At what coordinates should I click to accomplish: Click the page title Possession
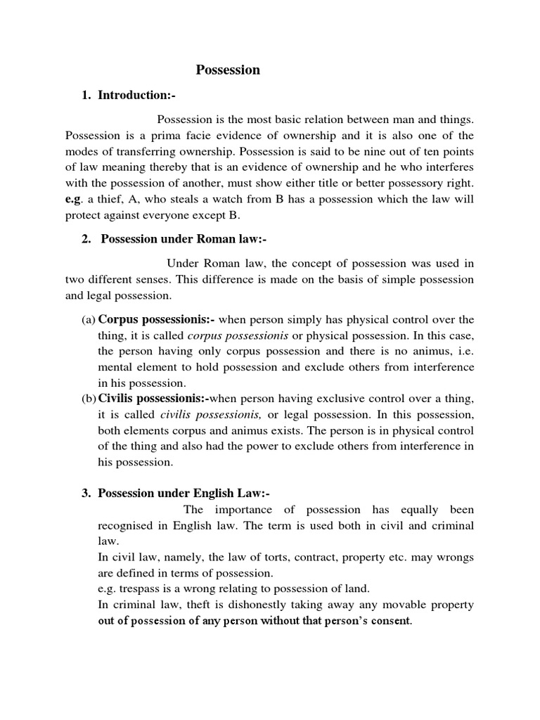click(227, 70)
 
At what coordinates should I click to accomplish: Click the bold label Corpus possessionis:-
click(152, 320)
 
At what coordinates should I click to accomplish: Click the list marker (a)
click(89, 320)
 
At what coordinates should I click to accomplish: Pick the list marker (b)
click(89, 399)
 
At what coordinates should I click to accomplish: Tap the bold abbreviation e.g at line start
click(73, 200)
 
